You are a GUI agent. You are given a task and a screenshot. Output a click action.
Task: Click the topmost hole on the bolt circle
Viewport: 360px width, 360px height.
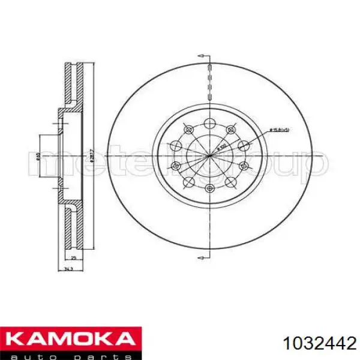tap(209, 124)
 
